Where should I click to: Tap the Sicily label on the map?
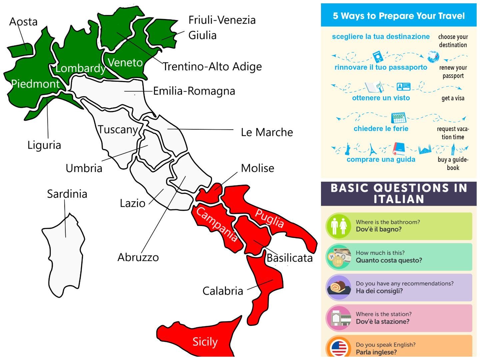click(x=205, y=342)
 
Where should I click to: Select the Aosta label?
click(x=23, y=22)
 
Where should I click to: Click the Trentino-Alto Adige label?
click(x=212, y=67)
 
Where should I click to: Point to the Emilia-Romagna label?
click(x=194, y=91)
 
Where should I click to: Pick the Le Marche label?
click(x=267, y=132)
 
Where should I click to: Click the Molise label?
click(x=257, y=168)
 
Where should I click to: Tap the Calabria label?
click(x=223, y=291)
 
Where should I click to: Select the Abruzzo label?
click(x=138, y=257)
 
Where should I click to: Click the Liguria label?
click(x=44, y=145)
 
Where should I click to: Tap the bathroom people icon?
click(x=339, y=226)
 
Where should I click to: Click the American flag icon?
click(x=339, y=348)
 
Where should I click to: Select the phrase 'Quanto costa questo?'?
click(x=389, y=260)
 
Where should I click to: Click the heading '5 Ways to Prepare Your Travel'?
click(x=399, y=16)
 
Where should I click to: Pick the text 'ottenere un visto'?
click(x=381, y=98)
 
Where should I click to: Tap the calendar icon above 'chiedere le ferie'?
click(x=398, y=117)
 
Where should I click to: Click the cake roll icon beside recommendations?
click(x=339, y=287)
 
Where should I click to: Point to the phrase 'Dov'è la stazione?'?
click(x=382, y=322)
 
